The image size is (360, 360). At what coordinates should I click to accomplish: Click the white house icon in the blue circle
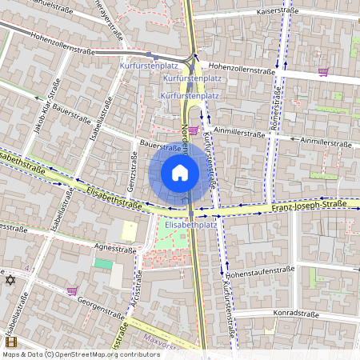[x=180, y=172]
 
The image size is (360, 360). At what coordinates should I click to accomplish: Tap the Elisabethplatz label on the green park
[x=190, y=225]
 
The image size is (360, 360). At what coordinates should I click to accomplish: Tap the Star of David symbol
[x=10, y=280]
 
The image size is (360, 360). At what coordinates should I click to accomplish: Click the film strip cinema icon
[x=10, y=342]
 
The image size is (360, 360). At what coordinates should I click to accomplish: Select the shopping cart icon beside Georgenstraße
[x=72, y=291]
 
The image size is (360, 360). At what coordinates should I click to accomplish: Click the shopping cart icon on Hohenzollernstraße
[x=323, y=72]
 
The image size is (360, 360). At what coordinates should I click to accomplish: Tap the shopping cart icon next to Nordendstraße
[x=193, y=130]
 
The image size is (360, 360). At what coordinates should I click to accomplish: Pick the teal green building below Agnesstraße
[x=103, y=262]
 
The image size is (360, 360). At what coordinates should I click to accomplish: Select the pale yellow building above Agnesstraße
[x=129, y=231]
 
